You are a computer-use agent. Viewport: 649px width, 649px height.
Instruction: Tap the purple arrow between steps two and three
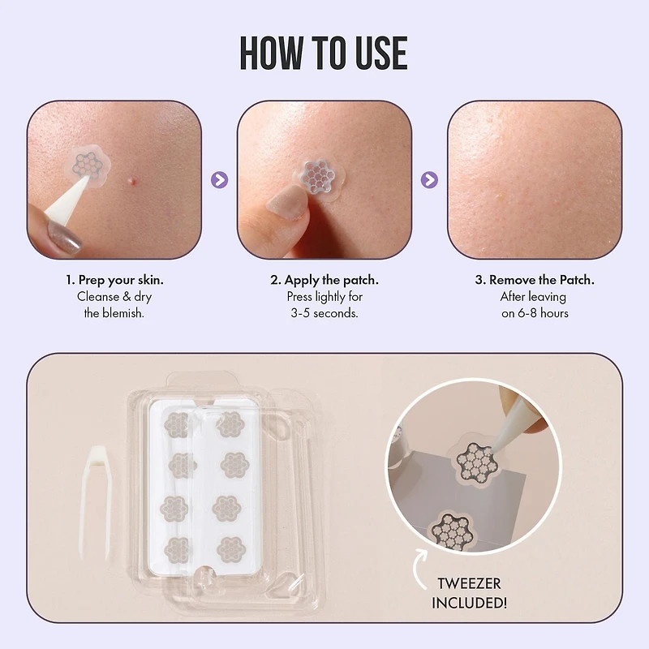click(x=430, y=180)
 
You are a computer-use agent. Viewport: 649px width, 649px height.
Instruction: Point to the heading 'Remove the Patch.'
click(x=535, y=280)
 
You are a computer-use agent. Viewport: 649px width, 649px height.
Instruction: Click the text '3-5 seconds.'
click(x=324, y=312)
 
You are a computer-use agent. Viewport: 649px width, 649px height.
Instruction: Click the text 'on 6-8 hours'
click(x=535, y=312)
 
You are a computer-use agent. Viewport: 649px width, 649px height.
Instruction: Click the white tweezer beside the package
click(x=92, y=498)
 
